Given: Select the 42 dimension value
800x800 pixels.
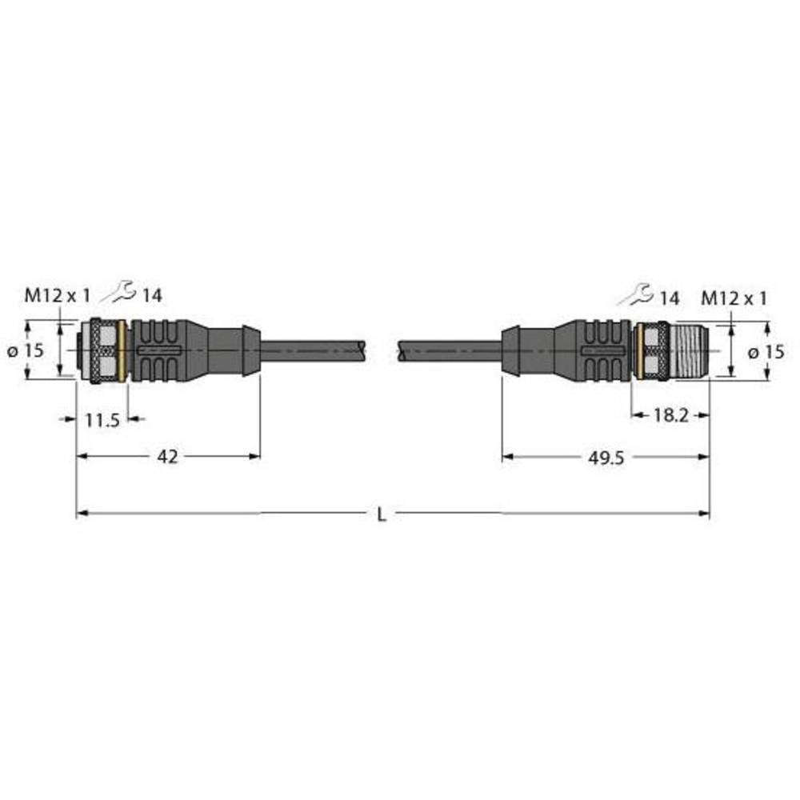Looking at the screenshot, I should coord(168,456).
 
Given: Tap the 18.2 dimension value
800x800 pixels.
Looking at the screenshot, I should coord(670,415).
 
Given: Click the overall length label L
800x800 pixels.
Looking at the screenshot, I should coord(382,515).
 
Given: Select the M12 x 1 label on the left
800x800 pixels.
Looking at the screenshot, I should coord(57,295).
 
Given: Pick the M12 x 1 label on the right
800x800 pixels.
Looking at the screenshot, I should coord(734,298).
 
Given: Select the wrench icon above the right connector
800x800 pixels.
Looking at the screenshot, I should coord(639,295).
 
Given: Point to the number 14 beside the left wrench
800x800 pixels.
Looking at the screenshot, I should coord(152,296).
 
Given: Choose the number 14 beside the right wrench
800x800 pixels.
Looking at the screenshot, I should coord(670,298).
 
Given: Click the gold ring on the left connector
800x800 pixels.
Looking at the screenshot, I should coord(121,350).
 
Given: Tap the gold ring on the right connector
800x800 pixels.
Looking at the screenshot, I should coord(639,351).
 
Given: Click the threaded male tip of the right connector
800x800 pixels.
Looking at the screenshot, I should coord(689,350).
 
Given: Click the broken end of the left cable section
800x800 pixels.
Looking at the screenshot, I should coord(364,349).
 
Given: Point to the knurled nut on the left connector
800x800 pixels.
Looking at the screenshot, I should coord(102,350).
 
